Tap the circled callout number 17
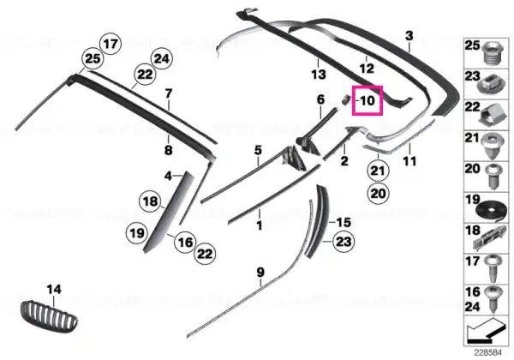click(x=111, y=44)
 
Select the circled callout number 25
click(x=93, y=59)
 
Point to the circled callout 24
click(x=162, y=59)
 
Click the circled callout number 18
click(x=151, y=201)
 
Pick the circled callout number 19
click(x=137, y=233)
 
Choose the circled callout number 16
click(x=185, y=243)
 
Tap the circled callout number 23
click(x=344, y=242)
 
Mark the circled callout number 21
click(x=378, y=171)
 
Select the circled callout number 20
click(x=378, y=194)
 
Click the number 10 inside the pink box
click(x=368, y=100)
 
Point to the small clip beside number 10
click(x=345, y=99)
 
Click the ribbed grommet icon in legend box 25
click(x=493, y=53)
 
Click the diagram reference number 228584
click(x=488, y=353)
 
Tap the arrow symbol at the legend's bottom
click(x=486, y=329)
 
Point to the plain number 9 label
click(x=260, y=273)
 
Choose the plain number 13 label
click(x=319, y=75)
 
